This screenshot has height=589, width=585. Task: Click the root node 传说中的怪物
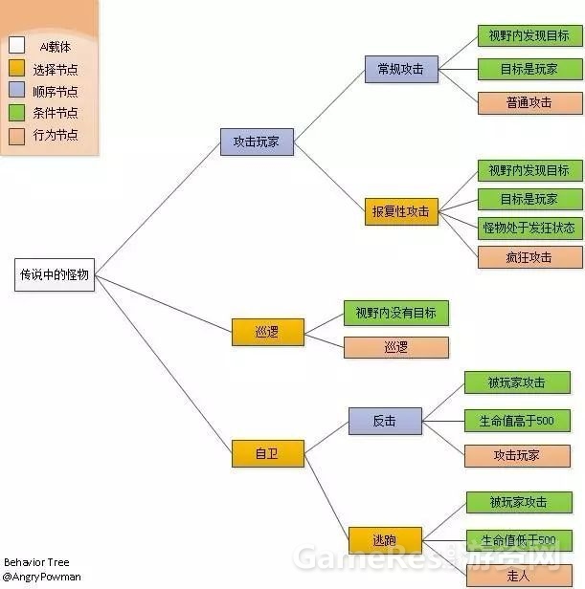coord(55,274)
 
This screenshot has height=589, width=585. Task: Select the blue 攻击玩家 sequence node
coord(257,142)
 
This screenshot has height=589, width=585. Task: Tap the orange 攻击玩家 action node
coord(517,455)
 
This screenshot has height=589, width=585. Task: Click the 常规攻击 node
coord(400,69)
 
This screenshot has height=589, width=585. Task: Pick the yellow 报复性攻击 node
coord(400,211)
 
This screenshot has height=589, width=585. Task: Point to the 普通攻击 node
coord(529,102)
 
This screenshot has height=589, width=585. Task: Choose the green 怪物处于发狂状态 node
coord(529,228)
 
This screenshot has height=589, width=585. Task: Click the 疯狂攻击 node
coord(529,257)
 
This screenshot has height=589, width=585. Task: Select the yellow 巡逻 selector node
coord(268,332)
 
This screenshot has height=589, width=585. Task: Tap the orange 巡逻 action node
coord(395,346)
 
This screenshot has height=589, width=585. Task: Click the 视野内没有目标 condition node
coord(395,313)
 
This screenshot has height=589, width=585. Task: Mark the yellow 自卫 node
coord(268,453)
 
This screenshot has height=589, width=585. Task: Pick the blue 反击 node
coord(384,420)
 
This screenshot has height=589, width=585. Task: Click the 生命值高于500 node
coord(517,420)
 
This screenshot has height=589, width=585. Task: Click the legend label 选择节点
coord(55,69)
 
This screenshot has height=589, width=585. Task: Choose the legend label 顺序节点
coord(55,92)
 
